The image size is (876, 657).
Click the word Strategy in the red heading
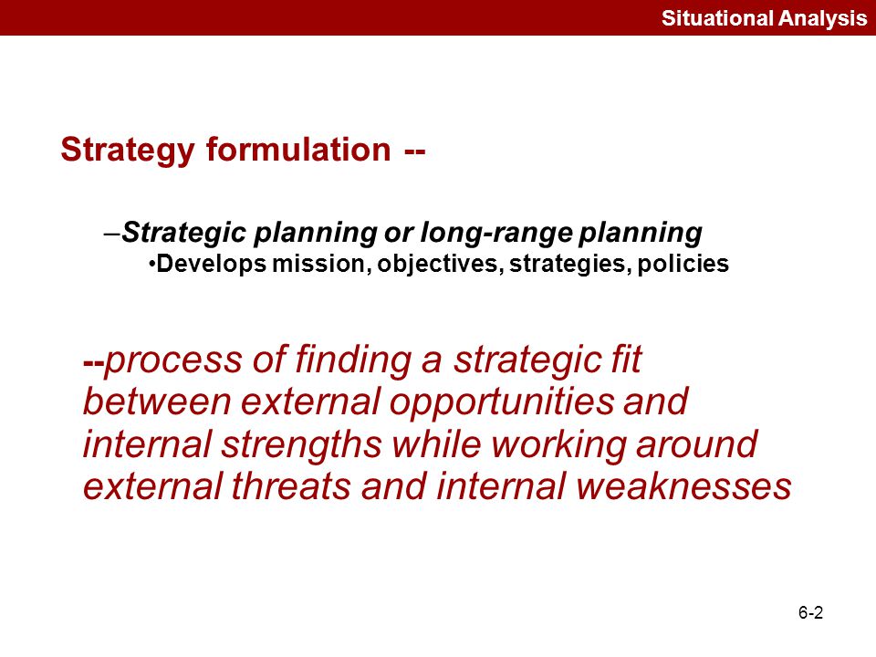[x=128, y=151]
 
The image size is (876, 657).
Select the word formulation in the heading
[x=298, y=149]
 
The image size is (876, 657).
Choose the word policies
[x=683, y=264]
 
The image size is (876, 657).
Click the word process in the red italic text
[x=173, y=360]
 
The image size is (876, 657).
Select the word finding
[x=353, y=360]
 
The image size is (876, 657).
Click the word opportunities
[x=501, y=402]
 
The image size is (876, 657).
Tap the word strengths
[x=302, y=444]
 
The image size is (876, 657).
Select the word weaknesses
[x=683, y=486]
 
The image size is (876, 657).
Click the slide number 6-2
[x=810, y=613]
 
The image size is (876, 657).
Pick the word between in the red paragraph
[x=157, y=401]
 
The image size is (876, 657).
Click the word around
[x=696, y=444]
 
